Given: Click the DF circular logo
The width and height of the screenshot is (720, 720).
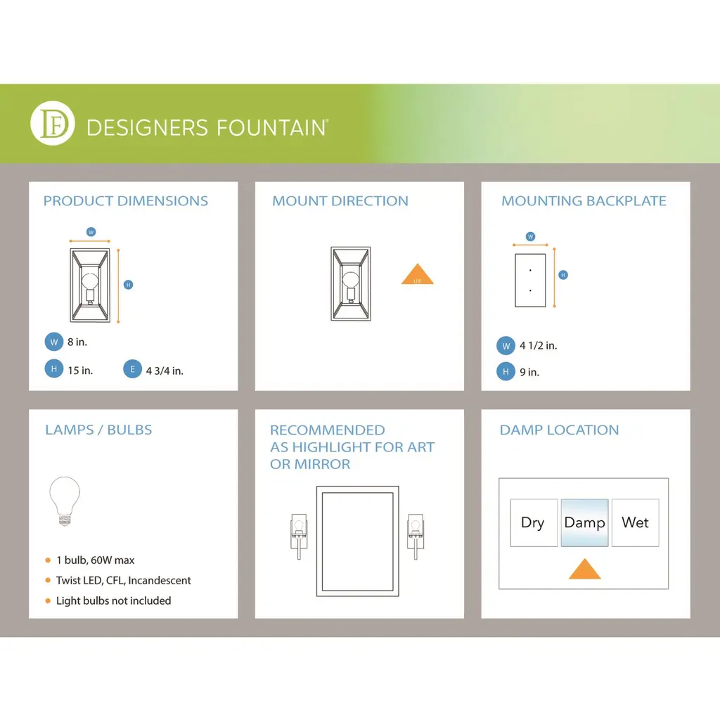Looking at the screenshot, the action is (53, 123).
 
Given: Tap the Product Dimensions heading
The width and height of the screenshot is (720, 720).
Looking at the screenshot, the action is (125, 200).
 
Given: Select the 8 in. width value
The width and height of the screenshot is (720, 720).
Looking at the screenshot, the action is (77, 342).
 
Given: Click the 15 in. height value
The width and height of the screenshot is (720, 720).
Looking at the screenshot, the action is (80, 370).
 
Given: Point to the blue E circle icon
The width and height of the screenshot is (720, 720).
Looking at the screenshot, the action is (132, 369).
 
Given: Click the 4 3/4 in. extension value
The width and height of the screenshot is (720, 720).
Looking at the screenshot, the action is (165, 371).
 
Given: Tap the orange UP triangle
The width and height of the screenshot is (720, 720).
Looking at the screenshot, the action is (418, 274).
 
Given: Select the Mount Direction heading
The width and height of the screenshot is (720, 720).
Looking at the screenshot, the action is (340, 200).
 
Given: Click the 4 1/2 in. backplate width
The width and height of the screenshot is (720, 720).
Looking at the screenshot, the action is (538, 345).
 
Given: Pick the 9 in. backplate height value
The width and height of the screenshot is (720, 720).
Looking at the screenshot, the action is (529, 372).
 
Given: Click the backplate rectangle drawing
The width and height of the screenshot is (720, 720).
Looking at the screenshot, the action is (530, 280).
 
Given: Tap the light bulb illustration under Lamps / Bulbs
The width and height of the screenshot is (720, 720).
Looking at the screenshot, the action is (65, 501).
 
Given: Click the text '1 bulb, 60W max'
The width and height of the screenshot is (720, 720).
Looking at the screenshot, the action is (96, 560).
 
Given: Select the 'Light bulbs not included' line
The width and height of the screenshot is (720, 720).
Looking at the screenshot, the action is (113, 600).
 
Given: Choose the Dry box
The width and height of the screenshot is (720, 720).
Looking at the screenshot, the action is (534, 522).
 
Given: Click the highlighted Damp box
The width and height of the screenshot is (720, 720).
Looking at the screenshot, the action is (584, 522).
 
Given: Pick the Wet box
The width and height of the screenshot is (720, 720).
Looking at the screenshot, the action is (636, 522).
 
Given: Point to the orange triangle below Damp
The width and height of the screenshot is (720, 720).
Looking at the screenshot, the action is (584, 569).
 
